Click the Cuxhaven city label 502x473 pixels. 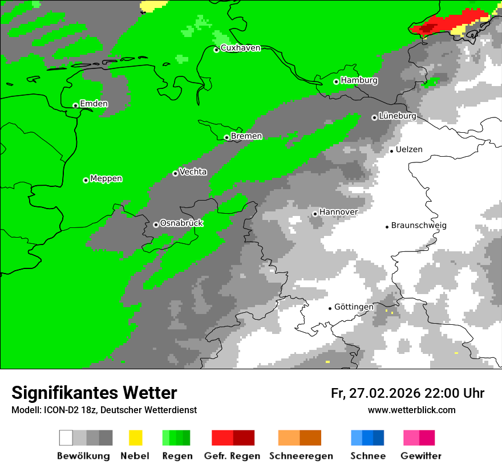pos(240,48)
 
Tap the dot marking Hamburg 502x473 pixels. pos(336,81)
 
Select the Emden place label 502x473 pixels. pos(94,104)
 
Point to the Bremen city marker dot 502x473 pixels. pos(226,137)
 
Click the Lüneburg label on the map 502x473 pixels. pos(397,116)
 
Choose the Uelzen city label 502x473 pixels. pos(409,149)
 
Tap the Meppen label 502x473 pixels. pos(106,178)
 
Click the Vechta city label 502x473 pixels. pos(193,172)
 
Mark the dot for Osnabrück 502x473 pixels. pos(156,225)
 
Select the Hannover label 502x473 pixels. pos(338,212)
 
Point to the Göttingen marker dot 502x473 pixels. pos(330,308)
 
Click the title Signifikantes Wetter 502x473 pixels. pos(94,393)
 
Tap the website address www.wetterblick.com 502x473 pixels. pos(411,410)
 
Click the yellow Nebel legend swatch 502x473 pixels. pos(135,438)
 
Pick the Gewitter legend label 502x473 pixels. pos(420,456)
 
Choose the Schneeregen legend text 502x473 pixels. pos(301,456)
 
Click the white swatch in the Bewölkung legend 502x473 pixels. pos(66,438)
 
